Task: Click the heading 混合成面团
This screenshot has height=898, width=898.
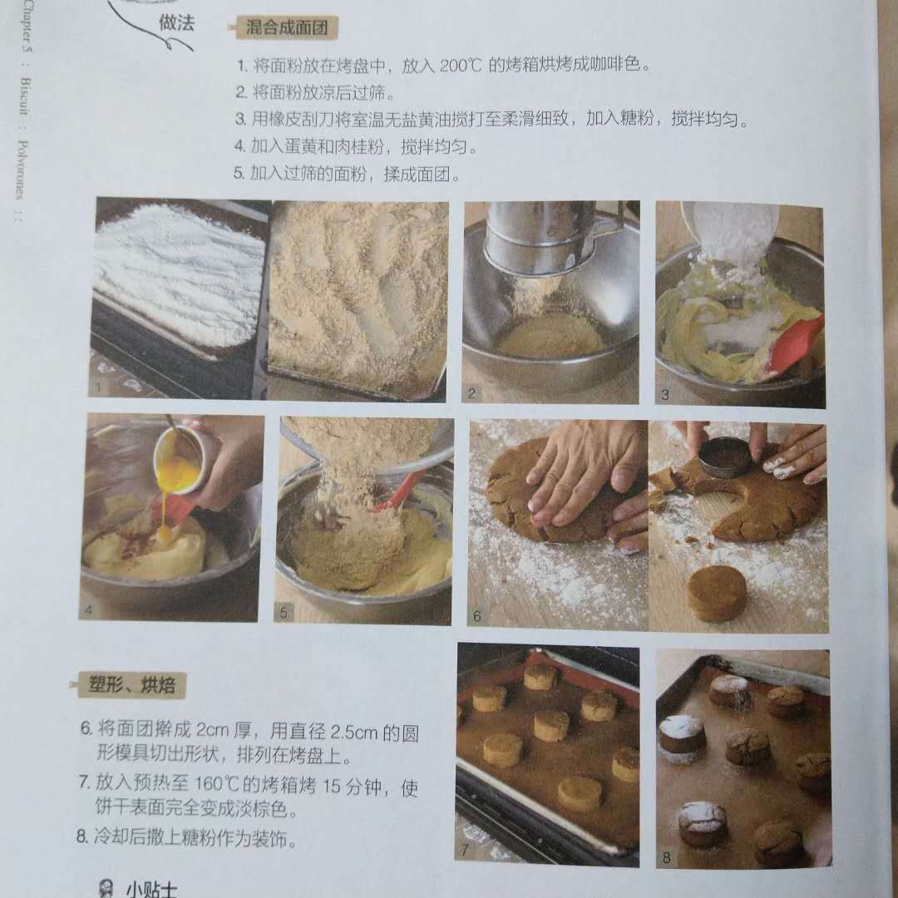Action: tap(286, 27)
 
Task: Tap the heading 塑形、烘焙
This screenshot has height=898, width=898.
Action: tap(131, 685)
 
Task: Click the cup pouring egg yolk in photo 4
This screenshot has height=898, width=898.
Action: tap(179, 457)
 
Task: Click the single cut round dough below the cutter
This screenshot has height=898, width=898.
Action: tap(717, 594)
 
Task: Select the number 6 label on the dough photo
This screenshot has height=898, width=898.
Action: tap(477, 616)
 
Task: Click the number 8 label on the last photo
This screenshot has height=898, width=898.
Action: tap(666, 857)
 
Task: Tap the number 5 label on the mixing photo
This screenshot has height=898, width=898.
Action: tap(284, 612)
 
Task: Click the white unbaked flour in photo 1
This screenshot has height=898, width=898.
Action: tap(179, 274)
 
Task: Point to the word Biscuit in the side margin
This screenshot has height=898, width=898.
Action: tap(25, 96)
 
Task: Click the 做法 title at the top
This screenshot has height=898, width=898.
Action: tap(176, 23)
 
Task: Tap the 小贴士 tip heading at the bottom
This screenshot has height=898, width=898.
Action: tap(152, 890)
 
